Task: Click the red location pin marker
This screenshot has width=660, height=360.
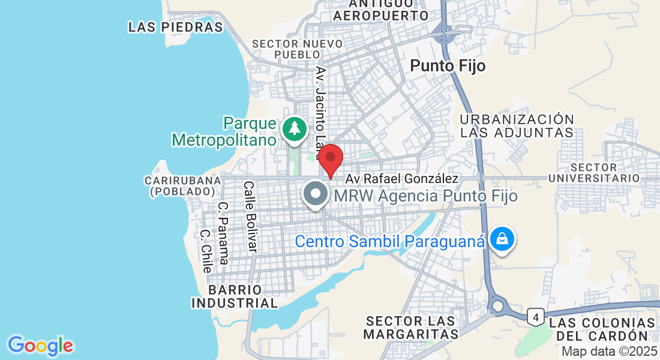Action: point(330,158)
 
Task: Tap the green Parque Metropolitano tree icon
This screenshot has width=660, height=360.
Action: point(294,128)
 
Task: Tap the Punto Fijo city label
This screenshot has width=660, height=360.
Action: point(448,65)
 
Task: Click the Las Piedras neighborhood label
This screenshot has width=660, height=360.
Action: point(175,27)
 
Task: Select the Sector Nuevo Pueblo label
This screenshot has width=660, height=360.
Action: point(298,49)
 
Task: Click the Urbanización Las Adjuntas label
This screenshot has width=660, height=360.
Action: point(517,126)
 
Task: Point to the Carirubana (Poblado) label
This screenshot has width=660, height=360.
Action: point(179,185)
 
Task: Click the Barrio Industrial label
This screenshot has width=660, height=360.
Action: point(235,297)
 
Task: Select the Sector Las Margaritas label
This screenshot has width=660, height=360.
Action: point(411,328)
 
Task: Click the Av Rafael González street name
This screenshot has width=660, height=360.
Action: point(402,179)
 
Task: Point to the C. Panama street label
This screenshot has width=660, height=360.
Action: point(223,233)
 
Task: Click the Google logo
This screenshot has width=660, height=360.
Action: point(40,346)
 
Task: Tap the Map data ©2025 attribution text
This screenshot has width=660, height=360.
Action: point(608,352)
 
